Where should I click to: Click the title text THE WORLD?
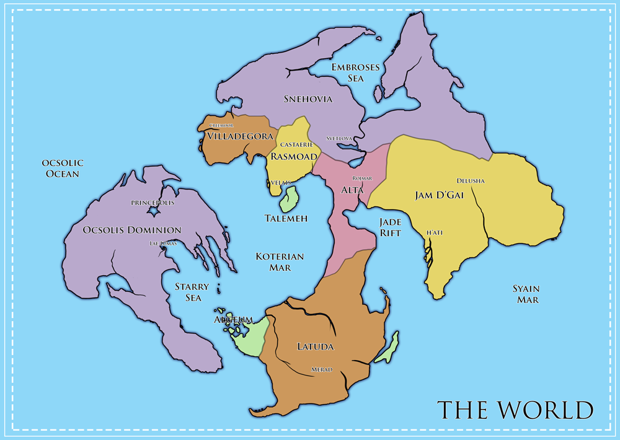click(515, 410)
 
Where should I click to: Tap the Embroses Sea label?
click(355, 73)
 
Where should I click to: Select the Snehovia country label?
click(308, 99)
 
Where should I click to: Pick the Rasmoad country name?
click(293, 157)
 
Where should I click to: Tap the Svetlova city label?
click(339, 138)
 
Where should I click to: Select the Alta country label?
click(352, 190)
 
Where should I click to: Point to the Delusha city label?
click(471, 181)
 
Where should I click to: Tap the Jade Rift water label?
click(391, 227)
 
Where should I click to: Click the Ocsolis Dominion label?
click(131, 230)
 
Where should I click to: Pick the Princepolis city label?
click(153, 203)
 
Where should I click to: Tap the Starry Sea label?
click(192, 293)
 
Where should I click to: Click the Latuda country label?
click(316, 346)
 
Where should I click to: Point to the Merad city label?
click(321, 370)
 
